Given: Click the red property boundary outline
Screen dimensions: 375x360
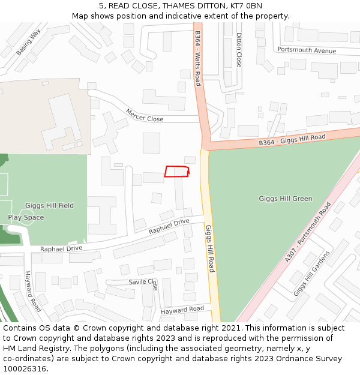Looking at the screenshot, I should coord(176,172).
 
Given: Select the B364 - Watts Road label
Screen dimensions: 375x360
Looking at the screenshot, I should coord(197,58).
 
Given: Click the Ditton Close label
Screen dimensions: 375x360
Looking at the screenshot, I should coord(239,50).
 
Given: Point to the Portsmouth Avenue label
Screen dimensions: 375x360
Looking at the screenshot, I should coord(307,50).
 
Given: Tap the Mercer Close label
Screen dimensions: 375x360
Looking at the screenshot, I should coord(145,115).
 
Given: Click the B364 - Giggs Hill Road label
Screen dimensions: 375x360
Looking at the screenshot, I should coord(292,140).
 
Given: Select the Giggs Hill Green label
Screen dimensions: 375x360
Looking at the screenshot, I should coord(286,199).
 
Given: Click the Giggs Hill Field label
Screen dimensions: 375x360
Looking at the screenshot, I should coord(49,205).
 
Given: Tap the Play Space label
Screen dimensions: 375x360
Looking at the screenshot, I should coord(26,217).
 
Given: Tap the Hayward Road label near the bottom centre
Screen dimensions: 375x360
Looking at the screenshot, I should coord(182,310).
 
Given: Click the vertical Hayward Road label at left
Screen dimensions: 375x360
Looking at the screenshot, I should coord(32,291).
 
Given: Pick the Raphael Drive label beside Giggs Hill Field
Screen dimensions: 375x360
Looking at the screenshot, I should coord(61,248).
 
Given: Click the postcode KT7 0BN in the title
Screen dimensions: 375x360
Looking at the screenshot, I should coord(242,6).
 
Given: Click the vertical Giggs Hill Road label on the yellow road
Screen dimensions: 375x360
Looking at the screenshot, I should coord(209,248).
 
